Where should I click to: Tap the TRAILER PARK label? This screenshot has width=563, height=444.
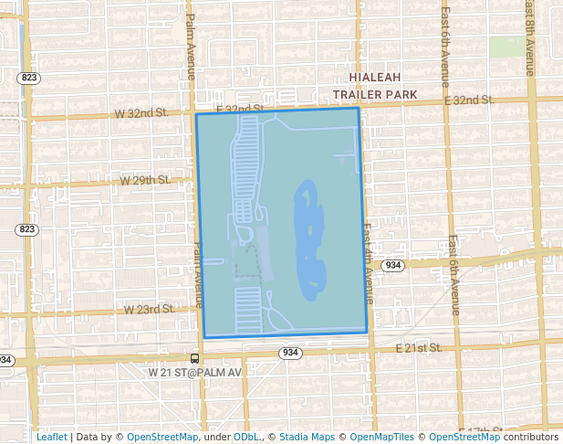point(375,94)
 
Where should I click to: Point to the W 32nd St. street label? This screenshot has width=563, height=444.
point(141,113)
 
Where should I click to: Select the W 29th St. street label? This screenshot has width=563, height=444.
point(146,181)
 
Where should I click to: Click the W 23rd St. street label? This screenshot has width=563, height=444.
point(149,310)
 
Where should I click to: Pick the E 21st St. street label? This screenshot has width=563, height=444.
point(419,348)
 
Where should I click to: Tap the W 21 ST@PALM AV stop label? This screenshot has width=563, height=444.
point(195,373)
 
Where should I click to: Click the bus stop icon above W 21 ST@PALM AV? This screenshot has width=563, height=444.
point(194,358)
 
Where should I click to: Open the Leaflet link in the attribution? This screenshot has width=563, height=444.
point(51,437)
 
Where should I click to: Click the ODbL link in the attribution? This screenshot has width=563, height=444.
point(245,437)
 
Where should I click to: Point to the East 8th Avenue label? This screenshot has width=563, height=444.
point(529,37)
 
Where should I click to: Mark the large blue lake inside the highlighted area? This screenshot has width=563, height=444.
point(308,242)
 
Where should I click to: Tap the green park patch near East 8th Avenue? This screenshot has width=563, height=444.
point(502,46)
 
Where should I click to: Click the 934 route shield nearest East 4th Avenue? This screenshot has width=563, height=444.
point(393,265)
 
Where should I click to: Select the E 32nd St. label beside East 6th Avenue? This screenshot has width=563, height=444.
point(469,100)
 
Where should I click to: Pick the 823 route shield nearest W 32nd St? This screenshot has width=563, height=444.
point(28,79)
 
